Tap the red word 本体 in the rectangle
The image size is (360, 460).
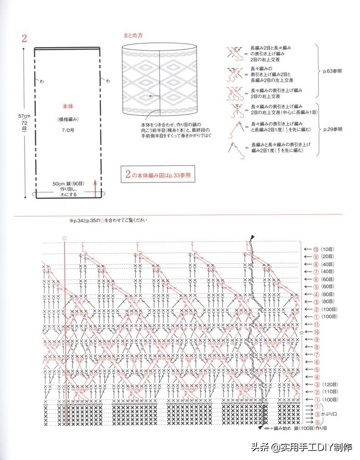[x=67, y=106]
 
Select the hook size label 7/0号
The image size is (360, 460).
[x=67, y=131]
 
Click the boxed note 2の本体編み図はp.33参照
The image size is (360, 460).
[x=158, y=175]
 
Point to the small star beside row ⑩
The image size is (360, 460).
[x=302, y=332]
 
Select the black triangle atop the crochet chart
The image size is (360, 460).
[x=252, y=237]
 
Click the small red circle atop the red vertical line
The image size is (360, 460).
[x=65, y=238]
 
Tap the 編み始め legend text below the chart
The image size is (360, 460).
[x=287, y=428]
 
